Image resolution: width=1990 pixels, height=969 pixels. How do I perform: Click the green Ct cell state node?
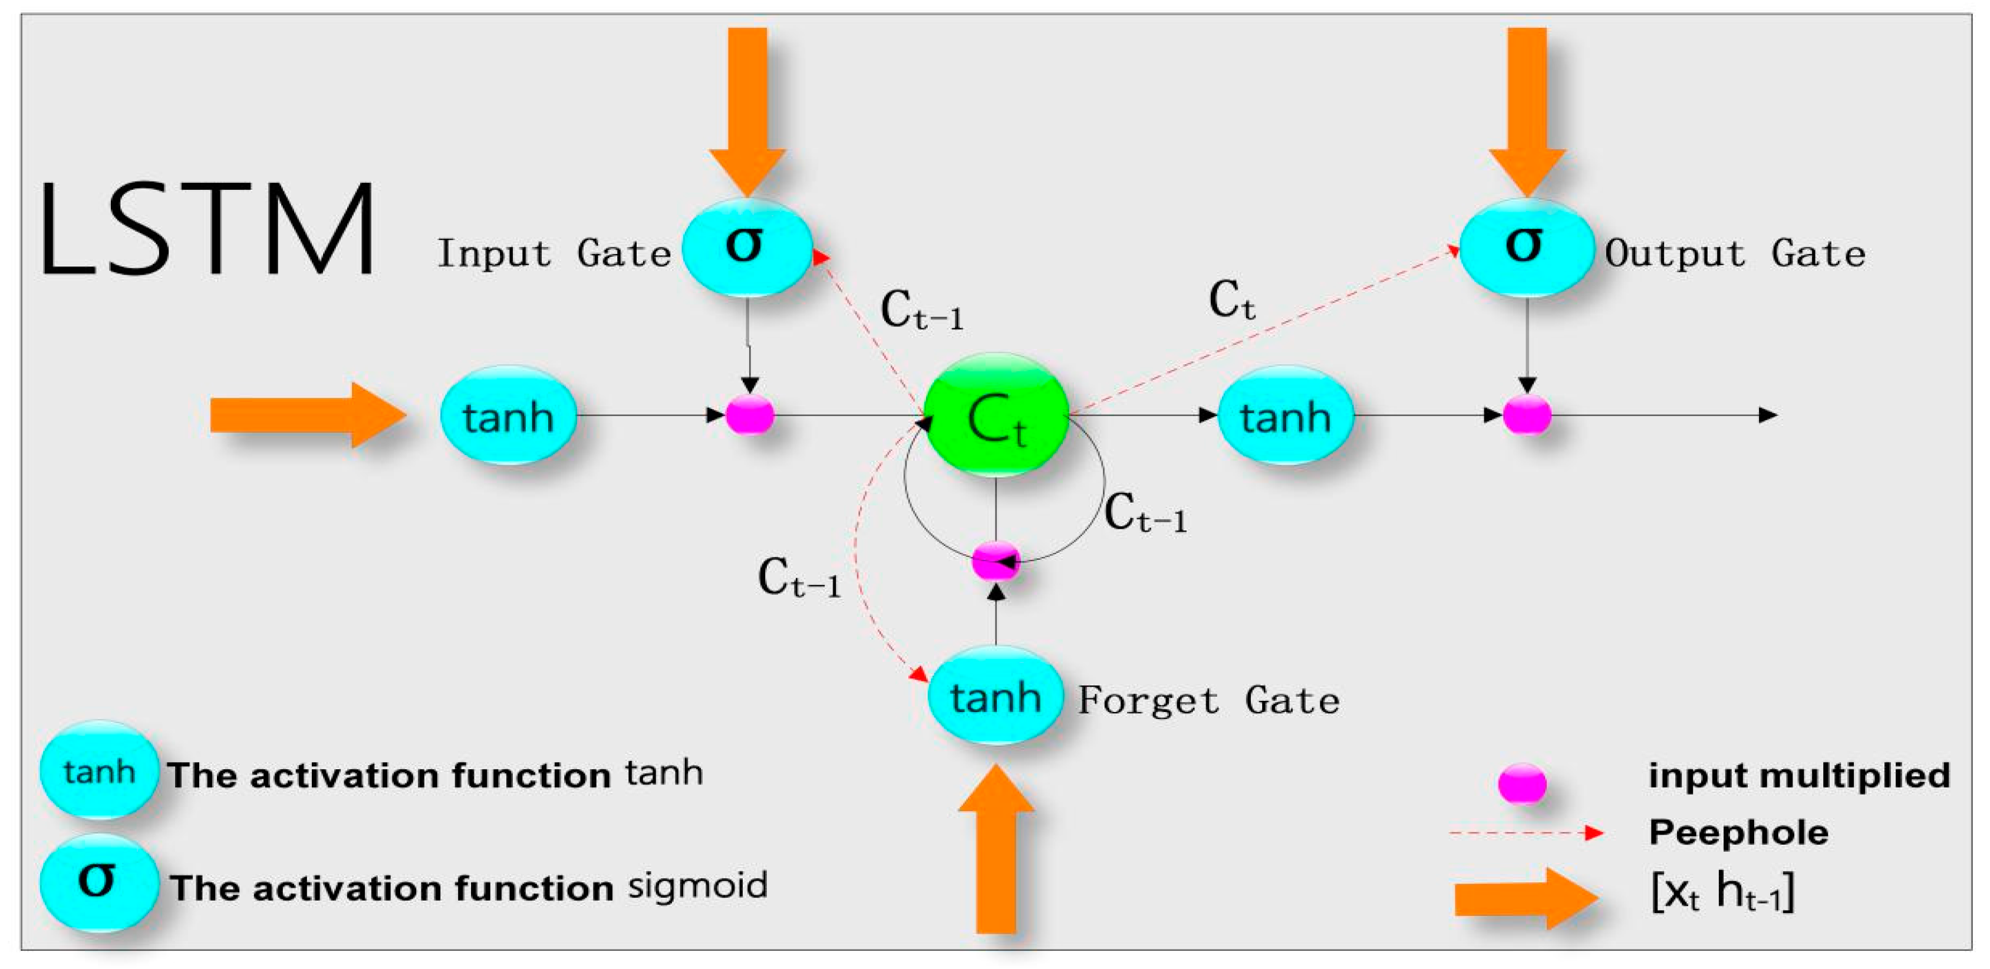pos(996,415)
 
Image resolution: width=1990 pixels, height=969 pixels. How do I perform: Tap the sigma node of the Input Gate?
pos(746,248)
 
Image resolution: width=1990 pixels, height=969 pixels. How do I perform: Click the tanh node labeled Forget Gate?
pos(995,696)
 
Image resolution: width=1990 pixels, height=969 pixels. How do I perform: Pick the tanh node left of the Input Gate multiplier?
pos(508,416)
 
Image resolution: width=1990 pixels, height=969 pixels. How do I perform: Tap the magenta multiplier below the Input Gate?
pos(749,415)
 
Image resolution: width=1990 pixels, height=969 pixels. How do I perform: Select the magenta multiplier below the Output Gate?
pos(1527,415)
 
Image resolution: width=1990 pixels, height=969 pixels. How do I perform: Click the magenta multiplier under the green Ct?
pos(995,560)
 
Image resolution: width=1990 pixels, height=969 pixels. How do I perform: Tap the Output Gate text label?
pos(1734,253)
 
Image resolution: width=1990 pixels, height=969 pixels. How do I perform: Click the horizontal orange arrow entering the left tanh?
pos(305,415)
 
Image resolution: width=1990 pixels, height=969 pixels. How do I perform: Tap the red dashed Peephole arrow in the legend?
pos(1526,833)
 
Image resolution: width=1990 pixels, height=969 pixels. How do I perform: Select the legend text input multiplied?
pos(1799,775)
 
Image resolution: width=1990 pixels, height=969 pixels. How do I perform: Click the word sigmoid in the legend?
pos(697,885)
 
